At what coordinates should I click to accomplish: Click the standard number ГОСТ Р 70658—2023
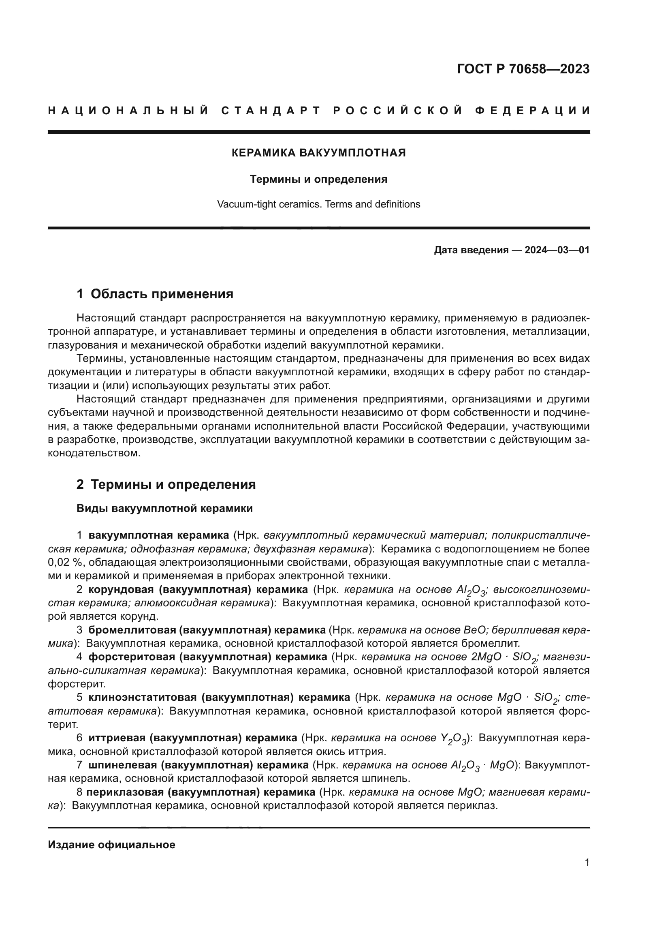[523, 69]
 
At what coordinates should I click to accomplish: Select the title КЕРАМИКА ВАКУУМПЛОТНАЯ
[318, 153]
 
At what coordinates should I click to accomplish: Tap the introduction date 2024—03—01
[557, 250]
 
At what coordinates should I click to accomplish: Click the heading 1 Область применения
[155, 294]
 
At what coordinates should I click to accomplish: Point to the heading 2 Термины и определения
[166, 484]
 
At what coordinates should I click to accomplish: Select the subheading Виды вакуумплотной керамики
[164, 508]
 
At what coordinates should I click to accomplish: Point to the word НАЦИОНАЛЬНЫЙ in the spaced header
[128, 111]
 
